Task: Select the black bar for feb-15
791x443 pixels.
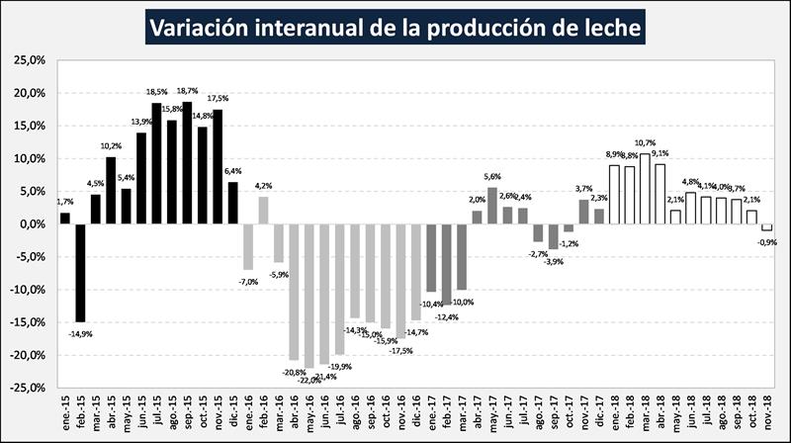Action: coord(80,273)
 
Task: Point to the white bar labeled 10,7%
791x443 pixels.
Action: coord(646,189)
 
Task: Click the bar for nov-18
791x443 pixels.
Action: coord(767,227)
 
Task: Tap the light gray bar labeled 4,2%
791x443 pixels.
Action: coord(264,210)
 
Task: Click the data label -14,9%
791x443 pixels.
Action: coord(80,334)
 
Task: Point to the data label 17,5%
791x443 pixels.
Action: coord(218,98)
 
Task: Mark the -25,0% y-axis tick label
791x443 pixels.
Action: coord(31,388)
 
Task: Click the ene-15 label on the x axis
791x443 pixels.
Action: coord(65,412)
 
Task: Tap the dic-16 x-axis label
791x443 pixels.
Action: coord(416,412)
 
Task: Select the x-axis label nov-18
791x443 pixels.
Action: coord(767,412)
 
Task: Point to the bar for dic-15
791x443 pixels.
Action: coord(233,203)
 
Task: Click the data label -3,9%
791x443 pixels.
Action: coord(554,261)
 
